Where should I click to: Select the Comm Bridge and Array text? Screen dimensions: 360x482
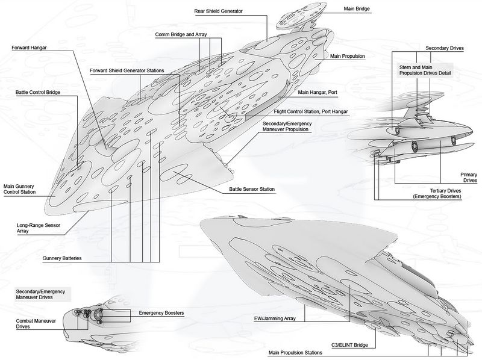181,35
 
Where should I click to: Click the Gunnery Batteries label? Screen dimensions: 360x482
63,258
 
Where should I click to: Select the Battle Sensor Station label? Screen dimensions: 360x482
252,190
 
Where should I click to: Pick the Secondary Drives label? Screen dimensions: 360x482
444,48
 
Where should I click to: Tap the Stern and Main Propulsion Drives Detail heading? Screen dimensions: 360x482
421,70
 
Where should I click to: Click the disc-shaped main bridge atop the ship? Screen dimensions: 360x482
299,17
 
